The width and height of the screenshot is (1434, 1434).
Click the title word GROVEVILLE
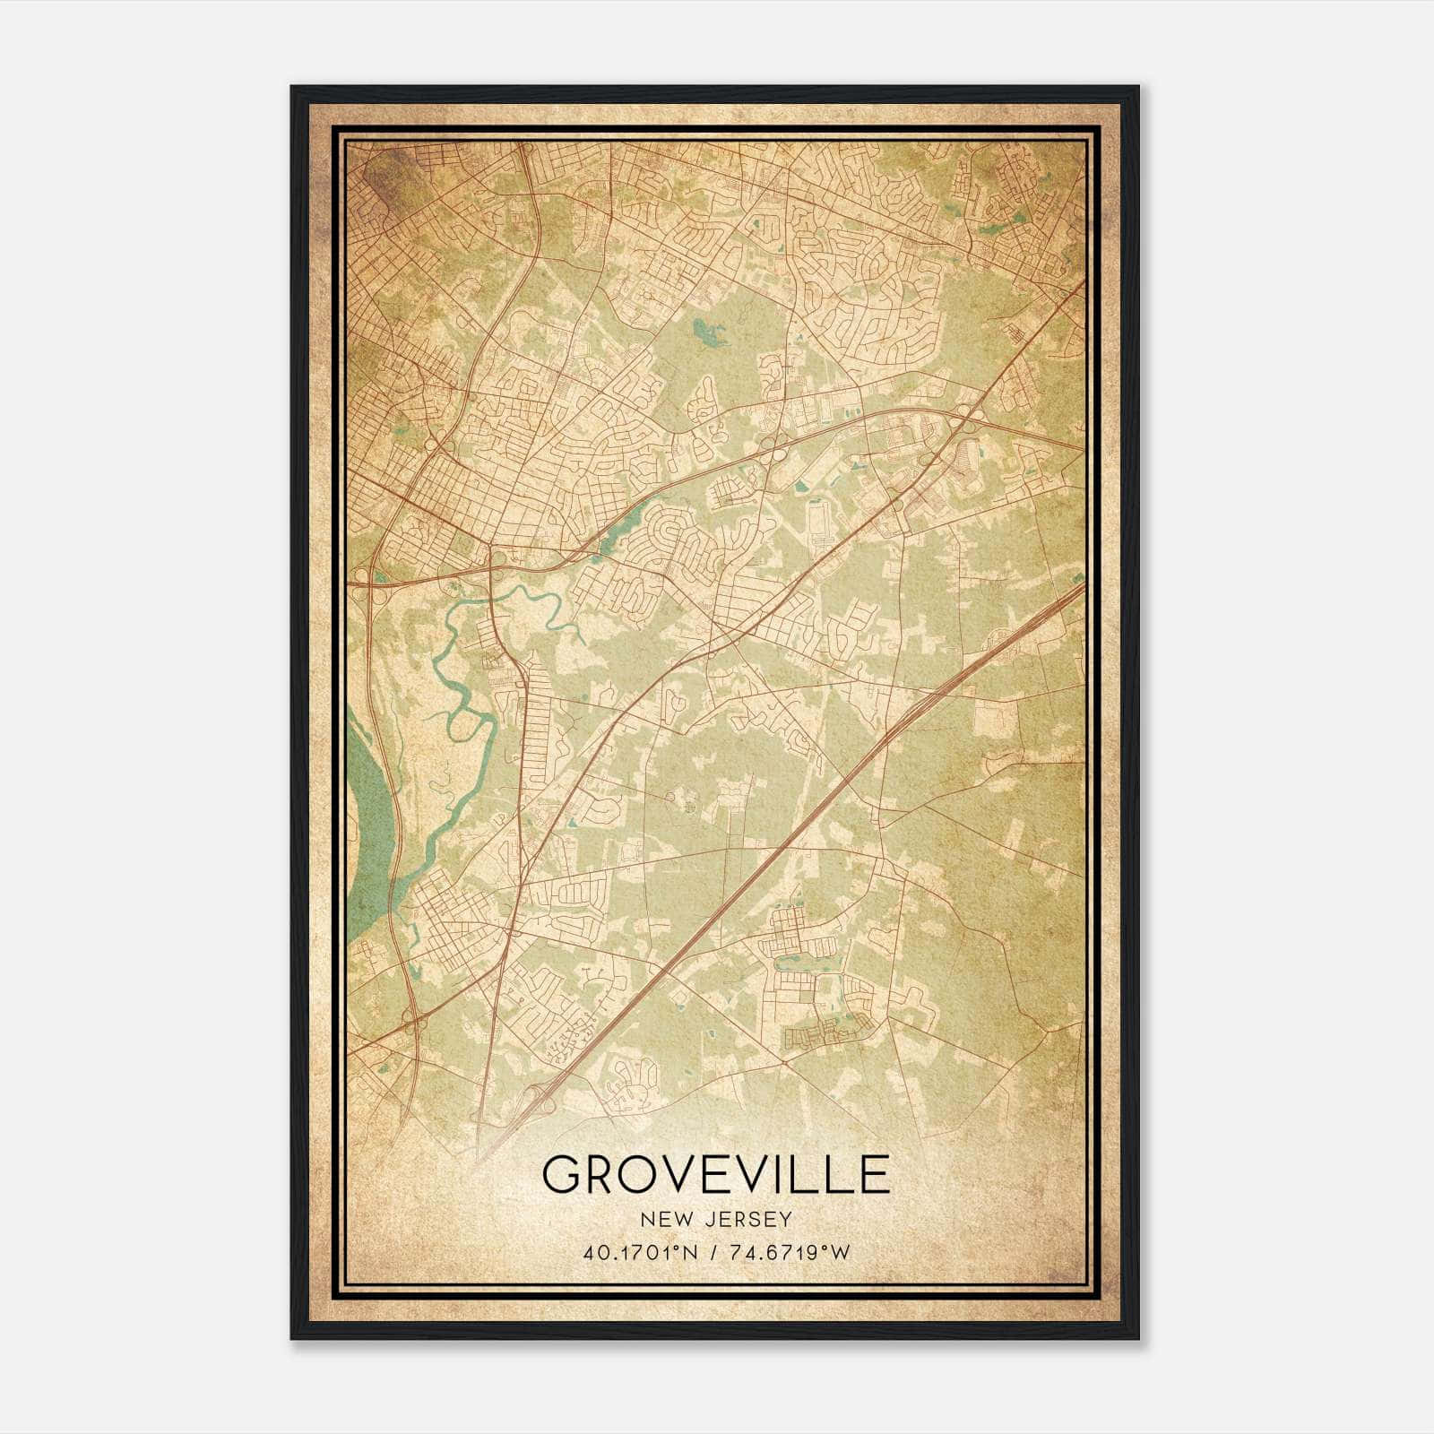pyautogui.click(x=715, y=1175)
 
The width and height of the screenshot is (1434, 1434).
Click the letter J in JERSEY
pyautogui.click(x=700, y=1220)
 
